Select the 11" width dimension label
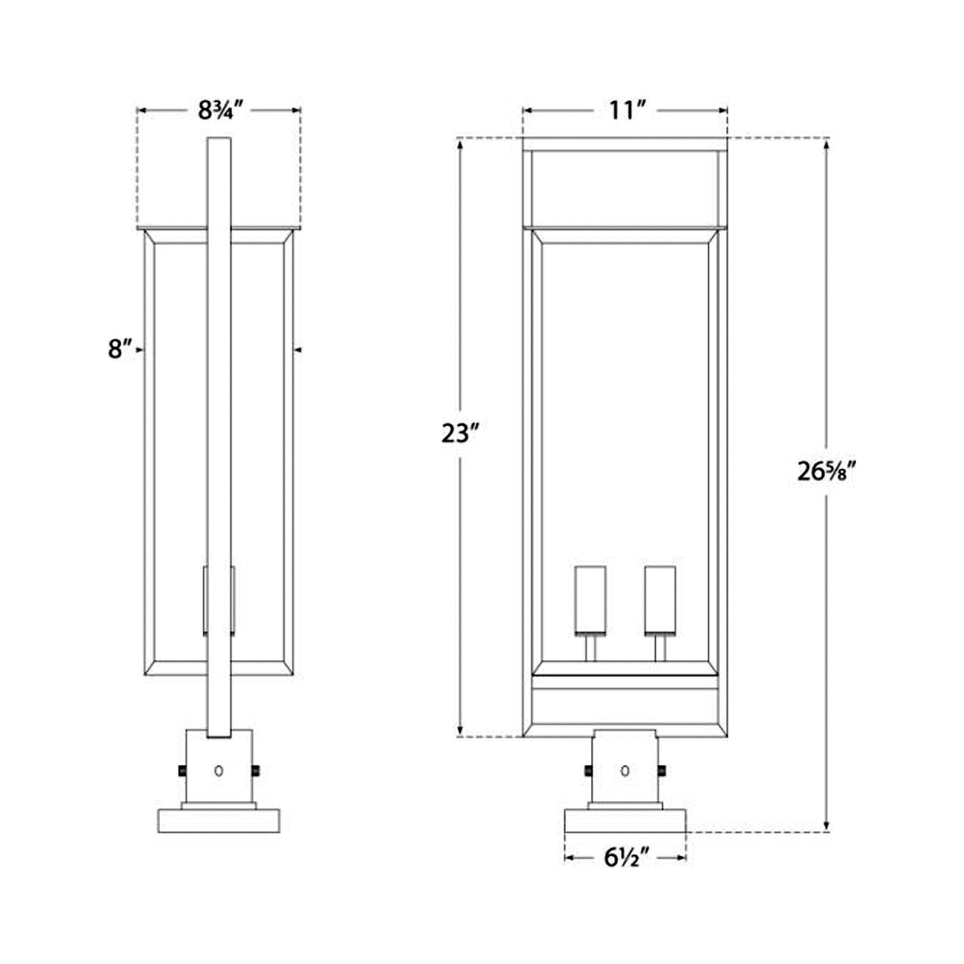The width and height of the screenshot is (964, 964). (x=624, y=110)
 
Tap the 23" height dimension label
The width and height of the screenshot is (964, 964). (x=460, y=434)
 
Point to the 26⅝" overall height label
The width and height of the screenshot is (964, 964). (x=826, y=472)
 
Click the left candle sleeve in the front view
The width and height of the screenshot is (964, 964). (x=590, y=600)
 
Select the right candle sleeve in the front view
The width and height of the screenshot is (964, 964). (x=660, y=600)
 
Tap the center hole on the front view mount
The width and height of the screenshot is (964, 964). (x=624, y=771)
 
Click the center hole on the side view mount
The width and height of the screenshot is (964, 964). (x=218, y=771)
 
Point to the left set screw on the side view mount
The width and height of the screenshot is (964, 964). (x=181, y=771)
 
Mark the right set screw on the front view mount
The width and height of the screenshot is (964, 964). (x=662, y=771)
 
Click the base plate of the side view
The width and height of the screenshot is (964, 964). (x=218, y=820)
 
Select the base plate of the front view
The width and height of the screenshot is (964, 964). (x=625, y=821)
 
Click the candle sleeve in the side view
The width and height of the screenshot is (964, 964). (x=219, y=600)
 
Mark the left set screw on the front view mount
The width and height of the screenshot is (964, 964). (x=588, y=771)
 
